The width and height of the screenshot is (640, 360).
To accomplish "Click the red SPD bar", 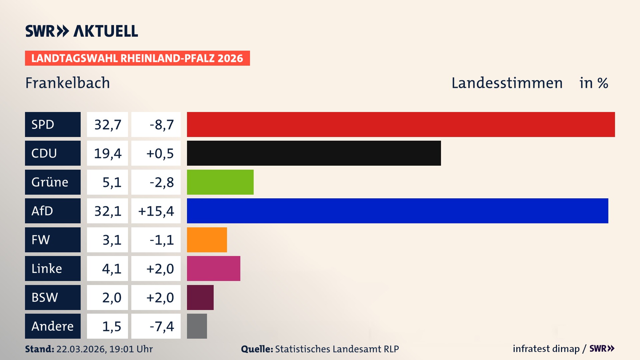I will click(x=401, y=124).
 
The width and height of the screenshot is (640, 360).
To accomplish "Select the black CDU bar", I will click(x=314, y=153).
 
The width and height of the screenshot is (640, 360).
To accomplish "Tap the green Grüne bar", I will click(x=220, y=182).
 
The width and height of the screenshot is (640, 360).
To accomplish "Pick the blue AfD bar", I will click(x=397, y=211).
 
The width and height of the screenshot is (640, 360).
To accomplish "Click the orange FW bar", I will click(x=207, y=240).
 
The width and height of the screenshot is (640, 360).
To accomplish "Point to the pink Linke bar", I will click(x=213, y=268).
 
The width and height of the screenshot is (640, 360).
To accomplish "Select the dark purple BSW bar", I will click(x=200, y=297).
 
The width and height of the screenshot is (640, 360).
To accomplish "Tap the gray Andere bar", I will click(x=197, y=326).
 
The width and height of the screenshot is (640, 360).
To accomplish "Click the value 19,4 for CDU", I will click(x=107, y=153).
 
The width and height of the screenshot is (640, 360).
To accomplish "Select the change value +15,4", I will click(x=156, y=211).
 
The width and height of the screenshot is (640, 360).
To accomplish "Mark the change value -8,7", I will click(x=161, y=125).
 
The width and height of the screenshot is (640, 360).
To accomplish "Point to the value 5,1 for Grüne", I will click(x=112, y=182).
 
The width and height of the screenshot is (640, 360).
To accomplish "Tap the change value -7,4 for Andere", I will click(x=161, y=326).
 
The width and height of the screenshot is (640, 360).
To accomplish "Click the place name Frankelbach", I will click(x=68, y=83).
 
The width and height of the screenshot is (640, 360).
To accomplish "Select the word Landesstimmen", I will click(x=507, y=83).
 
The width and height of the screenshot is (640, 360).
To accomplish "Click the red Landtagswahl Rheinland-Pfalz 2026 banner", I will click(x=137, y=58).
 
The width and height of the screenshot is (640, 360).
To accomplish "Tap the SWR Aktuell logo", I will click(x=82, y=31).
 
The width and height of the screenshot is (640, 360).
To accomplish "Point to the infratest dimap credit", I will click(x=546, y=349).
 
